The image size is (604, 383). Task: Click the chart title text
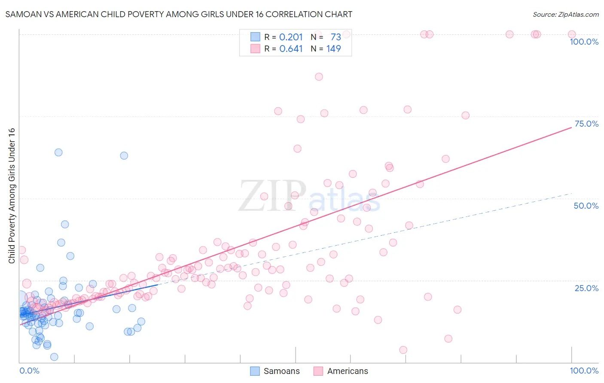click(x=179, y=14)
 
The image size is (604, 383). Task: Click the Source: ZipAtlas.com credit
click(x=565, y=14)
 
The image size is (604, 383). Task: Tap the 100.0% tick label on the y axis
click(x=584, y=42)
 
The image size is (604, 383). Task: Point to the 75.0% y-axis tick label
click(x=586, y=124)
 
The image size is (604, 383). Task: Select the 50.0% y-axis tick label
click(x=586, y=206)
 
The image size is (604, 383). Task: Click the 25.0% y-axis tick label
click(x=586, y=288)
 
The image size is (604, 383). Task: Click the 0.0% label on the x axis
click(x=29, y=371)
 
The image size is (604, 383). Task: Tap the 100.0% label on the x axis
click(x=584, y=371)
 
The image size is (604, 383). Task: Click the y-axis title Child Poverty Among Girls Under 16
click(x=12, y=196)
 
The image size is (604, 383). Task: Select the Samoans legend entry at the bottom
click(x=275, y=371)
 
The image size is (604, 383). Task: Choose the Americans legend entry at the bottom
click(x=341, y=371)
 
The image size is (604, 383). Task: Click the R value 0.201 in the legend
click(x=291, y=37)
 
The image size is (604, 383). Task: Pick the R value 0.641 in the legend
click(x=291, y=49)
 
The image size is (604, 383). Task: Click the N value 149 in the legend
click(x=333, y=49)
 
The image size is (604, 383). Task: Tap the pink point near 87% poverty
click(x=319, y=77)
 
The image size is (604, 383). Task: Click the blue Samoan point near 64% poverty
click(x=58, y=152)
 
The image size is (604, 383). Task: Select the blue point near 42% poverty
click(x=65, y=224)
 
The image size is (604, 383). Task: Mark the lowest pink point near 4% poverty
click(x=403, y=350)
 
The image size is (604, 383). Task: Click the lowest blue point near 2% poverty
click(x=54, y=357)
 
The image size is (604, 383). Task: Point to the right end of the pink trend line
click(x=571, y=128)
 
